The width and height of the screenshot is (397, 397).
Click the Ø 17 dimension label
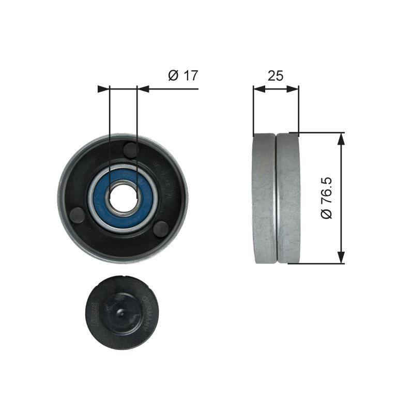tap(183, 75)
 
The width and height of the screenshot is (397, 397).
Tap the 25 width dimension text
tap(276, 75)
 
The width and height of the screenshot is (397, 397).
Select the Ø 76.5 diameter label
tap(326, 198)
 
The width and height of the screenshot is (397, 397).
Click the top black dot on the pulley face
tap(131, 150)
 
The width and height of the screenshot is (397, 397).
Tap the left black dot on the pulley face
tap(77, 213)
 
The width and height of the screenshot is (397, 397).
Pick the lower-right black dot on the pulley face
tap(161, 227)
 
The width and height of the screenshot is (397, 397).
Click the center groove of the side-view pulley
tap(276, 198)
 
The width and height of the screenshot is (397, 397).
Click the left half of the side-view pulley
tap(264, 198)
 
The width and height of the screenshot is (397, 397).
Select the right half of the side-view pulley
tap(288, 198)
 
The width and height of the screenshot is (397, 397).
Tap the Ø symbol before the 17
tap(173, 75)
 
